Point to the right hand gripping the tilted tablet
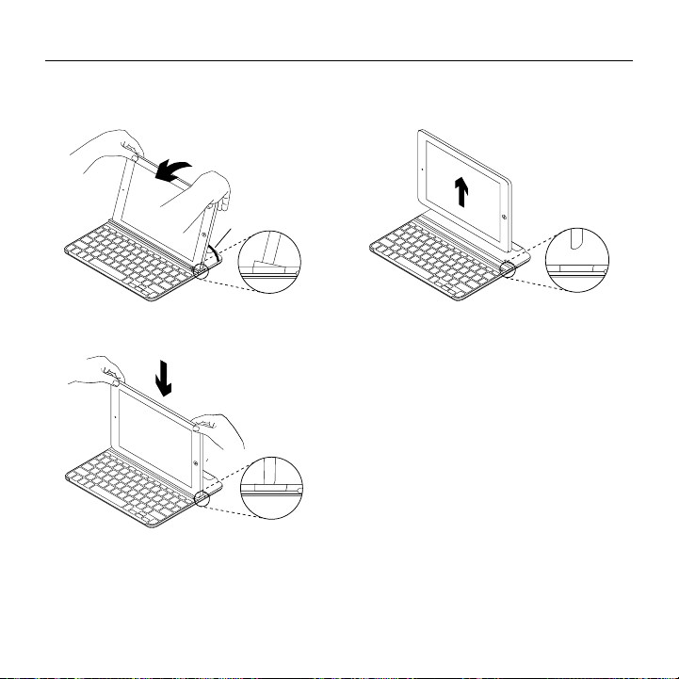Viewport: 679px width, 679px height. (202, 193)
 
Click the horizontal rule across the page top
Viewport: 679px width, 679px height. (339, 62)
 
